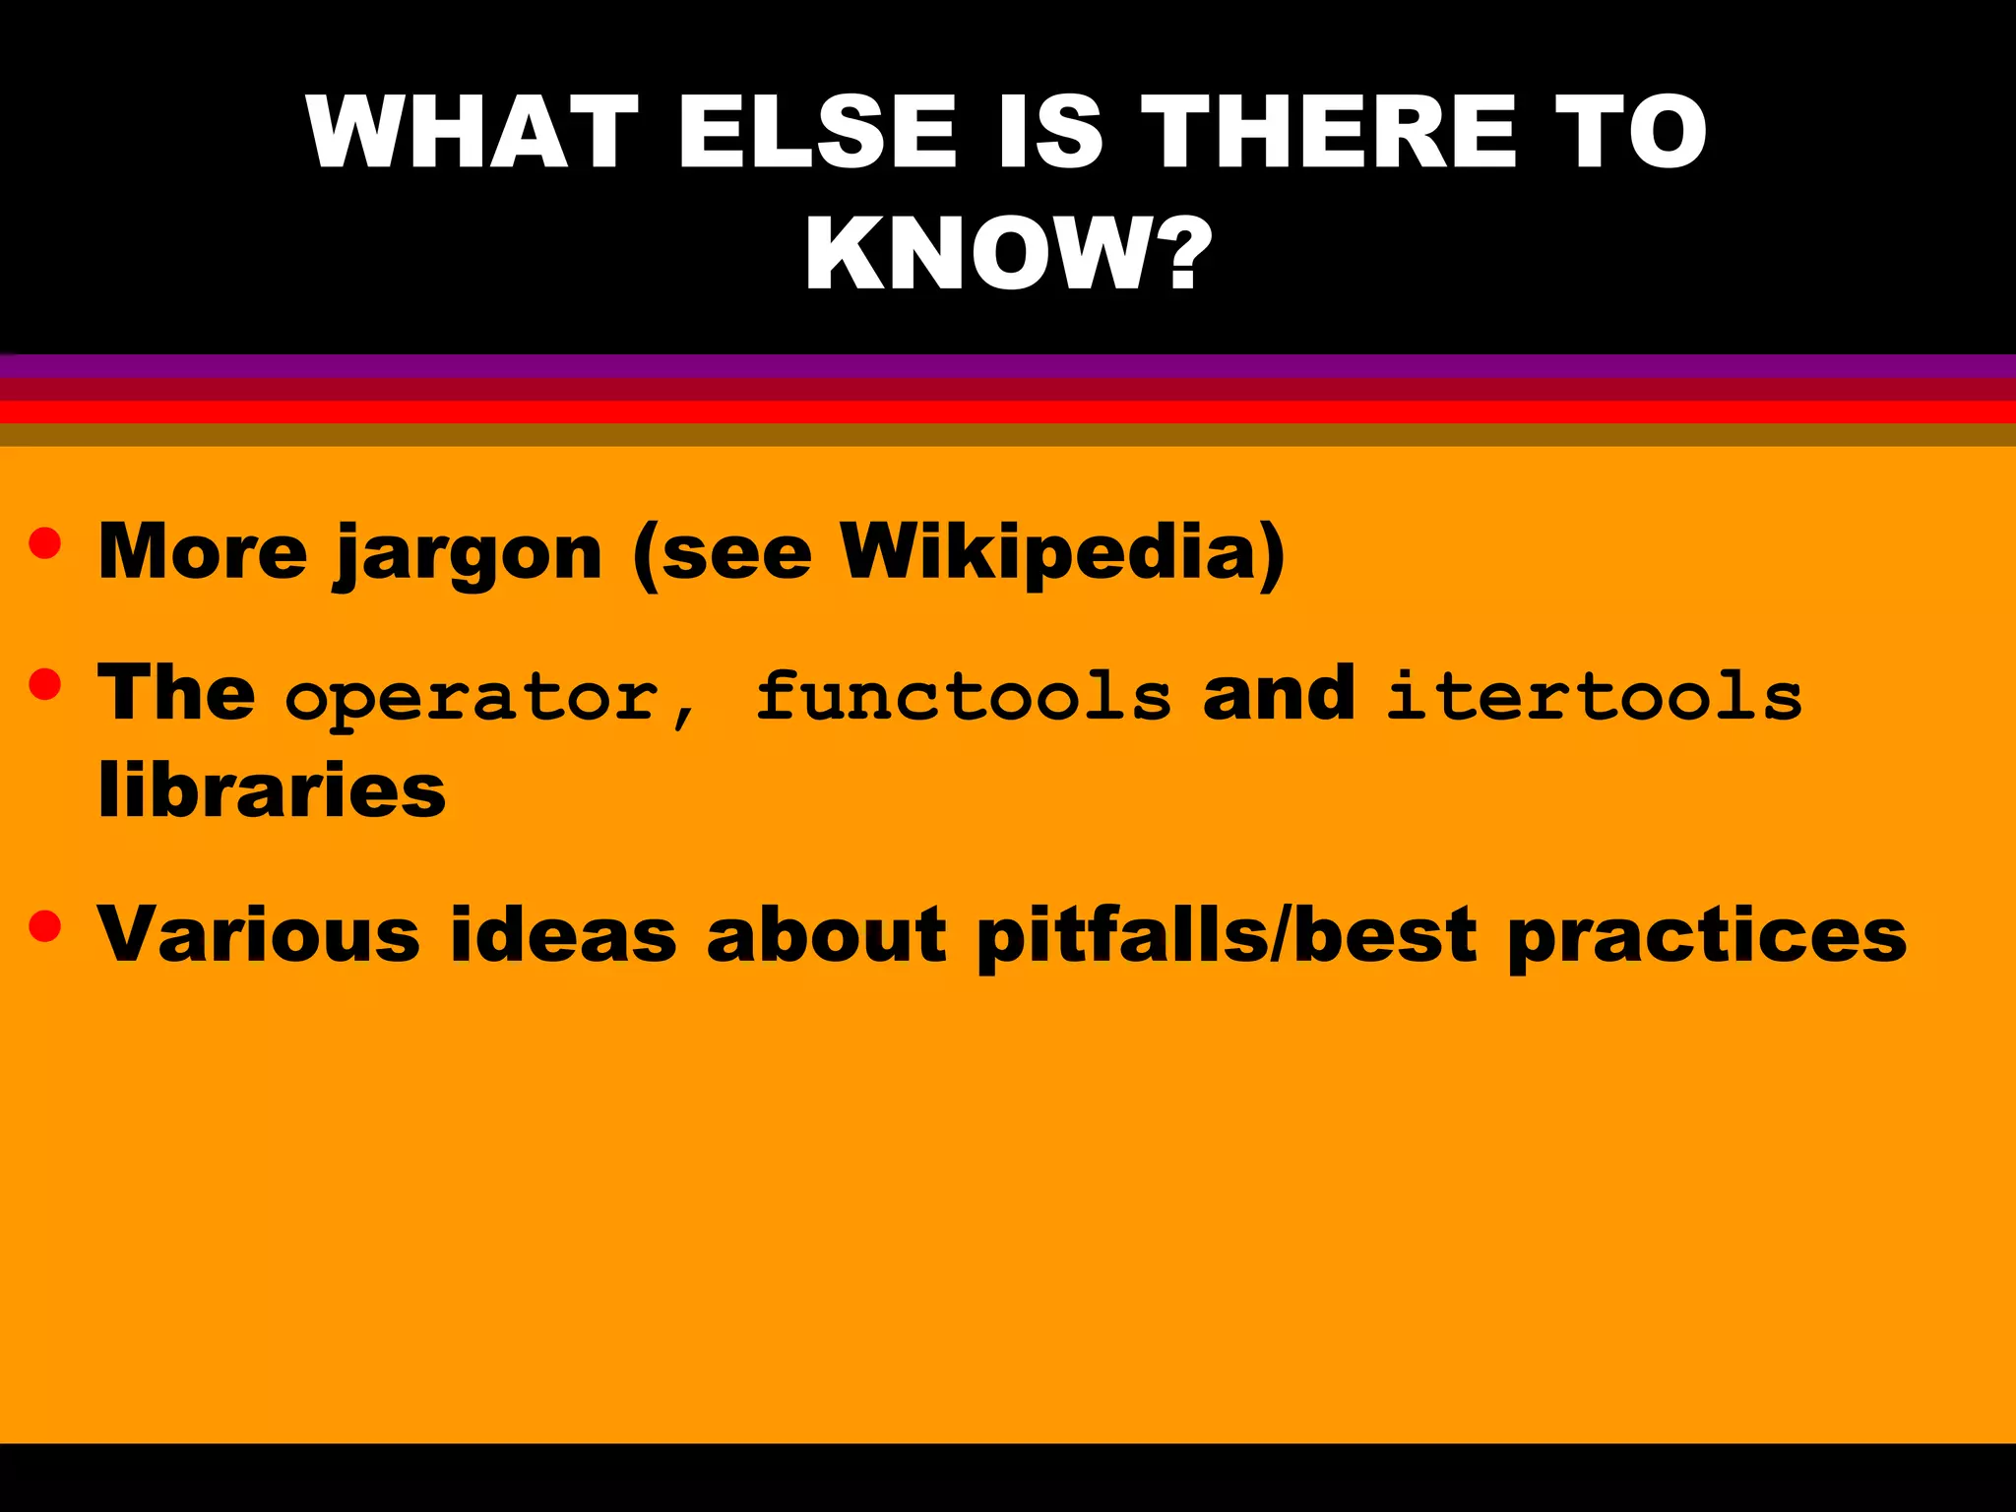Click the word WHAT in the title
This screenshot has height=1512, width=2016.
pos(472,133)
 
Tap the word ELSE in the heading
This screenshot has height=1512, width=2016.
pos(816,133)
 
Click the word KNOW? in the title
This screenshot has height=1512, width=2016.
pos(1008,254)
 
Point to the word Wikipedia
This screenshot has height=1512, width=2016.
pos(1062,551)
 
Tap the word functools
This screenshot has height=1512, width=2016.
pos(964,695)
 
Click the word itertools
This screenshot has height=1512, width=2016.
pos(1594,695)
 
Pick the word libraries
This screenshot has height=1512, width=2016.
pos(272,790)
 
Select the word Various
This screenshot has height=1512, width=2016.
pos(259,933)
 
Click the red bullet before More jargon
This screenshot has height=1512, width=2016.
pos(45,543)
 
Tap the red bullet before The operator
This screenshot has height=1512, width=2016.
pos(45,684)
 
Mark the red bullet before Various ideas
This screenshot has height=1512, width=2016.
pos(45,925)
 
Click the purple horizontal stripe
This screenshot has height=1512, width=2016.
pos(1008,366)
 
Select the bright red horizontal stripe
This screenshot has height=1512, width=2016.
pos(1008,412)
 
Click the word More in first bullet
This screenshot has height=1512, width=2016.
pos(203,551)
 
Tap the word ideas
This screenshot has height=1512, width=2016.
pos(563,933)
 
